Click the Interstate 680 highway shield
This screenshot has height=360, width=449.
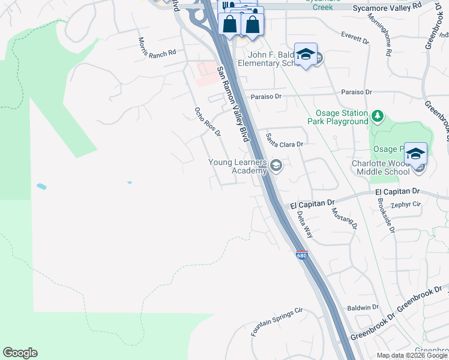(x=301, y=255)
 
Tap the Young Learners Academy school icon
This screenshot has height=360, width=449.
(x=276, y=166)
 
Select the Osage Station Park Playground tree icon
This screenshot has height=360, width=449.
(x=378, y=115)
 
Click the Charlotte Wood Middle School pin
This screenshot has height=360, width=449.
(x=416, y=154)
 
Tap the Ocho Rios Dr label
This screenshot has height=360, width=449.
(x=208, y=122)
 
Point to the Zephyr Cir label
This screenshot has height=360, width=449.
(x=406, y=204)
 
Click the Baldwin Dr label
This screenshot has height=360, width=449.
(x=363, y=307)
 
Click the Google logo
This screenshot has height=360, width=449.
(x=20, y=353)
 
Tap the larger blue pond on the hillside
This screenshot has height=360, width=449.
(x=41, y=187)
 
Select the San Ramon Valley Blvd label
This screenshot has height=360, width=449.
(x=233, y=103)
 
